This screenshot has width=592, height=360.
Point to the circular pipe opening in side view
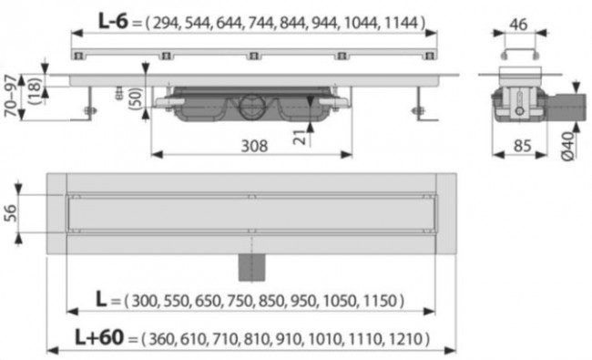click(x=250, y=108)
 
